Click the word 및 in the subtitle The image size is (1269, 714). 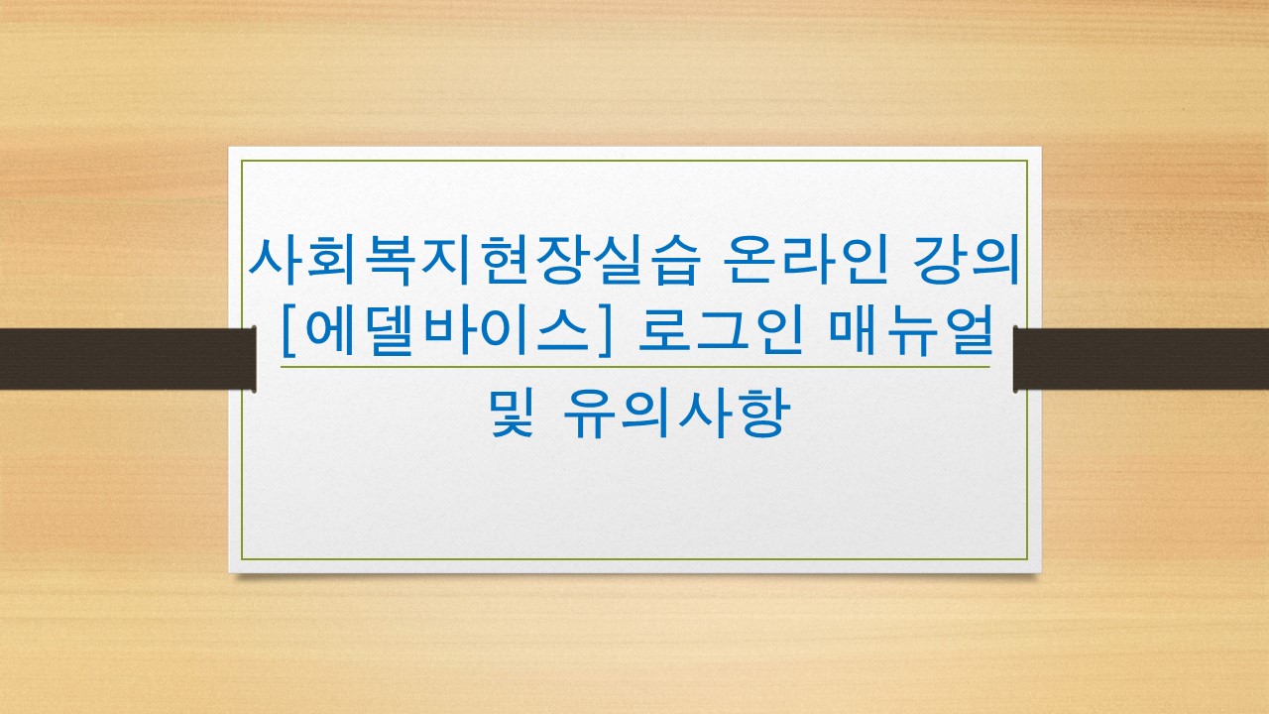pyautogui.click(x=512, y=412)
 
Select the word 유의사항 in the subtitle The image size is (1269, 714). pyautogui.click(x=677, y=412)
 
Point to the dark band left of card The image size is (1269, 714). pyautogui.click(x=128, y=359)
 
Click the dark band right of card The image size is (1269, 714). pyautogui.click(x=1141, y=359)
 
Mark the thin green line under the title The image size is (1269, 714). pyautogui.click(x=635, y=367)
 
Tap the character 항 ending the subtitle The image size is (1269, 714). pyautogui.click(x=763, y=414)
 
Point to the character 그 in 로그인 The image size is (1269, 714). pyautogui.click(x=721, y=330)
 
